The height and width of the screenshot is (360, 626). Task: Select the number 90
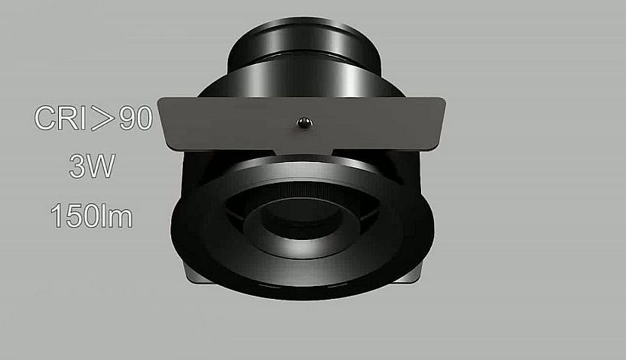tap(136, 118)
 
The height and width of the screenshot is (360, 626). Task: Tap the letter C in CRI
tap(44, 118)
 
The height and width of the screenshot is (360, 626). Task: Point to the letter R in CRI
tap(68, 118)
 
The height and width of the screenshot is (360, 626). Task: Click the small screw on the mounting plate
tap(303, 124)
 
